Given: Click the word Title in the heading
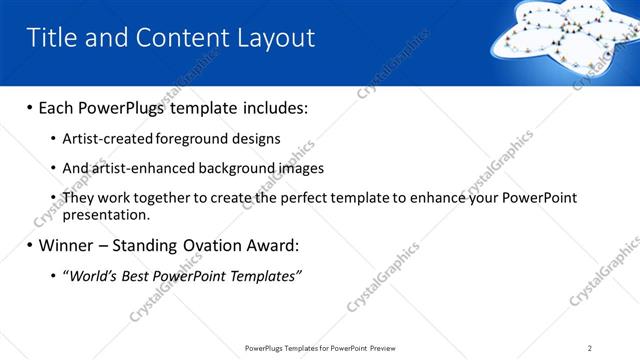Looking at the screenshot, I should click(49, 38).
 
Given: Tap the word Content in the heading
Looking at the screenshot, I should click(176, 38).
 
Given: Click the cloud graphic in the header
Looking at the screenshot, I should click(565, 40).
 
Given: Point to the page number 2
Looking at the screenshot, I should click(590, 348).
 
